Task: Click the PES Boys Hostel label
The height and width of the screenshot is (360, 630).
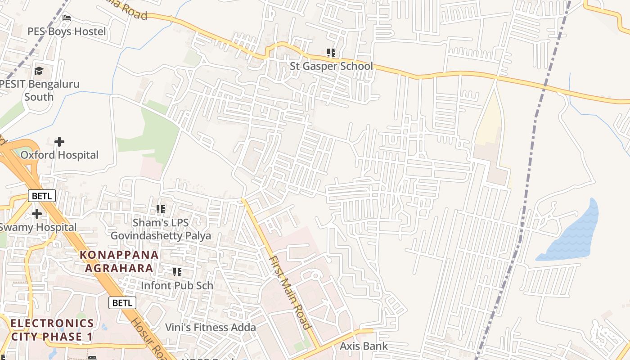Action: [67, 31]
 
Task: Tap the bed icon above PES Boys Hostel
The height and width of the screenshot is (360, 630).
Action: [67, 18]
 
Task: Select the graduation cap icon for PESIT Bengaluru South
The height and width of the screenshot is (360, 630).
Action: [39, 71]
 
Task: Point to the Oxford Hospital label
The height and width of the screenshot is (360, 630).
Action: [59, 155]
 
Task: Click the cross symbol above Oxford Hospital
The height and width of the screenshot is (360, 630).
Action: [59, 142]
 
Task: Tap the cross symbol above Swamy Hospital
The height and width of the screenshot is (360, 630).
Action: [37, 213]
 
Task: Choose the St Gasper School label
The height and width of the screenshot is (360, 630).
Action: [331, 66]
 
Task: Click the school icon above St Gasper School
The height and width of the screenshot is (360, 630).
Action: [331, 53]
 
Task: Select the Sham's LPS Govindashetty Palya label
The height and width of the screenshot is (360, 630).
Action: [161, 229]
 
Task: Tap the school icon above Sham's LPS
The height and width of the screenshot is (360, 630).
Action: [161, 209]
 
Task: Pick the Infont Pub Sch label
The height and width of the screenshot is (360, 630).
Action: [177, 285]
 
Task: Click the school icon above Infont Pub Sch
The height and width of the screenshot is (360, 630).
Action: [177, 272]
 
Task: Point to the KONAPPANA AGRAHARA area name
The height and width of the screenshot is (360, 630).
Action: [119, 261]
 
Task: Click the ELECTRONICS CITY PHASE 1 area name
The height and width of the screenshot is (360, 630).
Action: [52, 330]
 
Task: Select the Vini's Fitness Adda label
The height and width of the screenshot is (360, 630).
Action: [210, 327]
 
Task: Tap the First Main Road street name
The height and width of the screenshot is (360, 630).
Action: [290, 292]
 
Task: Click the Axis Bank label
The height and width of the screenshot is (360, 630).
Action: [364, 346]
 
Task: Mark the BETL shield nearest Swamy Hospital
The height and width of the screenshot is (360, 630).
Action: [42, 196]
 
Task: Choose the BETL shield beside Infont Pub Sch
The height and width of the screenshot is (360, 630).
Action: [122, 302]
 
